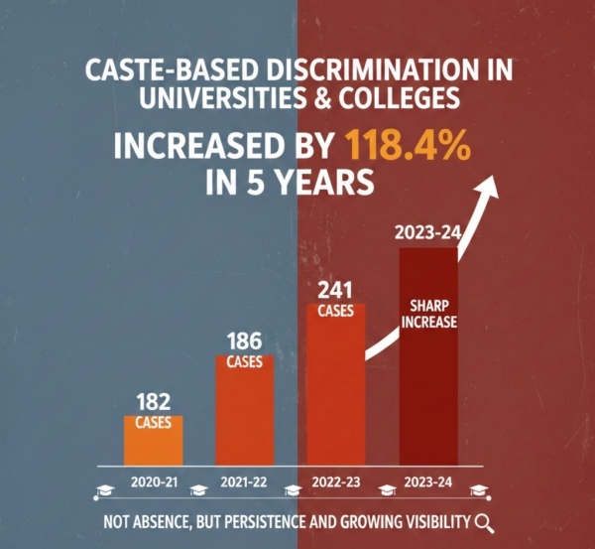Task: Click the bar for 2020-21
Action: (x=154, y=439)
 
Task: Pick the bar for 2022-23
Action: (x=336, y=387)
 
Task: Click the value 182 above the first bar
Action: (x=154, y=403)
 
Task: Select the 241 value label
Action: (x=336, y=291)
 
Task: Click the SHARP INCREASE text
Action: (x=428, y=314)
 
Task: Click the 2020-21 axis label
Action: (x=154, y=481)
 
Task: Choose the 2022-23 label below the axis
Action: (x=336, y=481)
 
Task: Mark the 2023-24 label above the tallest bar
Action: (x=427, y=234)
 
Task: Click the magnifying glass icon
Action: (x=483, y=523)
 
